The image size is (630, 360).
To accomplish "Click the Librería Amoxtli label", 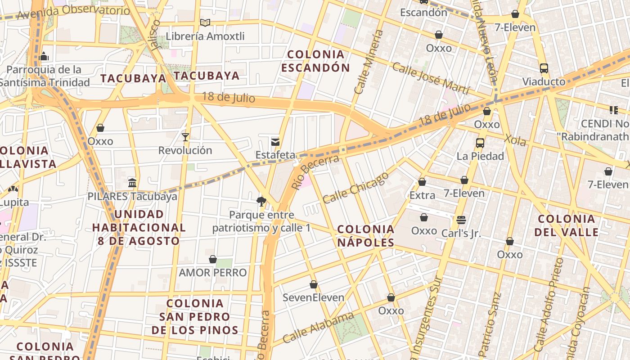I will point(205,36).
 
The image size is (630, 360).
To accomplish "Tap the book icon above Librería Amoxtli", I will point(205,22).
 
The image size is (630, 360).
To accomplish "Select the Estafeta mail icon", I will point(275,142).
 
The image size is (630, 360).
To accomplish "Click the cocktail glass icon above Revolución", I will point(185,137).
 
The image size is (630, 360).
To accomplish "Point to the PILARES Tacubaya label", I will point(132,197).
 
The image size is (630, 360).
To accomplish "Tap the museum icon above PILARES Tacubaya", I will point(132,183).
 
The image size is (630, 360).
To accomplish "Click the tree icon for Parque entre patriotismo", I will point(261,201).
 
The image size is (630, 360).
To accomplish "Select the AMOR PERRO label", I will point(213,273).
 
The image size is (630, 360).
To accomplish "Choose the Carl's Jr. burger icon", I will point(461,220).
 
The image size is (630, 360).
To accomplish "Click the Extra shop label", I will point(422,195).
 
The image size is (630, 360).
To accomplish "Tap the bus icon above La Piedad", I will point(480,143).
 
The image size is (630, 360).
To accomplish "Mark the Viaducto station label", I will point(544,82).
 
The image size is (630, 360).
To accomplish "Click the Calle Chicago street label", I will point(355,188).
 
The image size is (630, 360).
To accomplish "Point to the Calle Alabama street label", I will point(318,328).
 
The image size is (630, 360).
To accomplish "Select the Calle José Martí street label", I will point(431,78).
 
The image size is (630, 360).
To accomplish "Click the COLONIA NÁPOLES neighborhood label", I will point(366,236).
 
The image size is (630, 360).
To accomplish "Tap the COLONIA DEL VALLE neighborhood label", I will point(567,225).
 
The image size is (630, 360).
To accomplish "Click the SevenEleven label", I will point(313,297).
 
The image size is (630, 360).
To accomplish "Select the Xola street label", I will point(514,140).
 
